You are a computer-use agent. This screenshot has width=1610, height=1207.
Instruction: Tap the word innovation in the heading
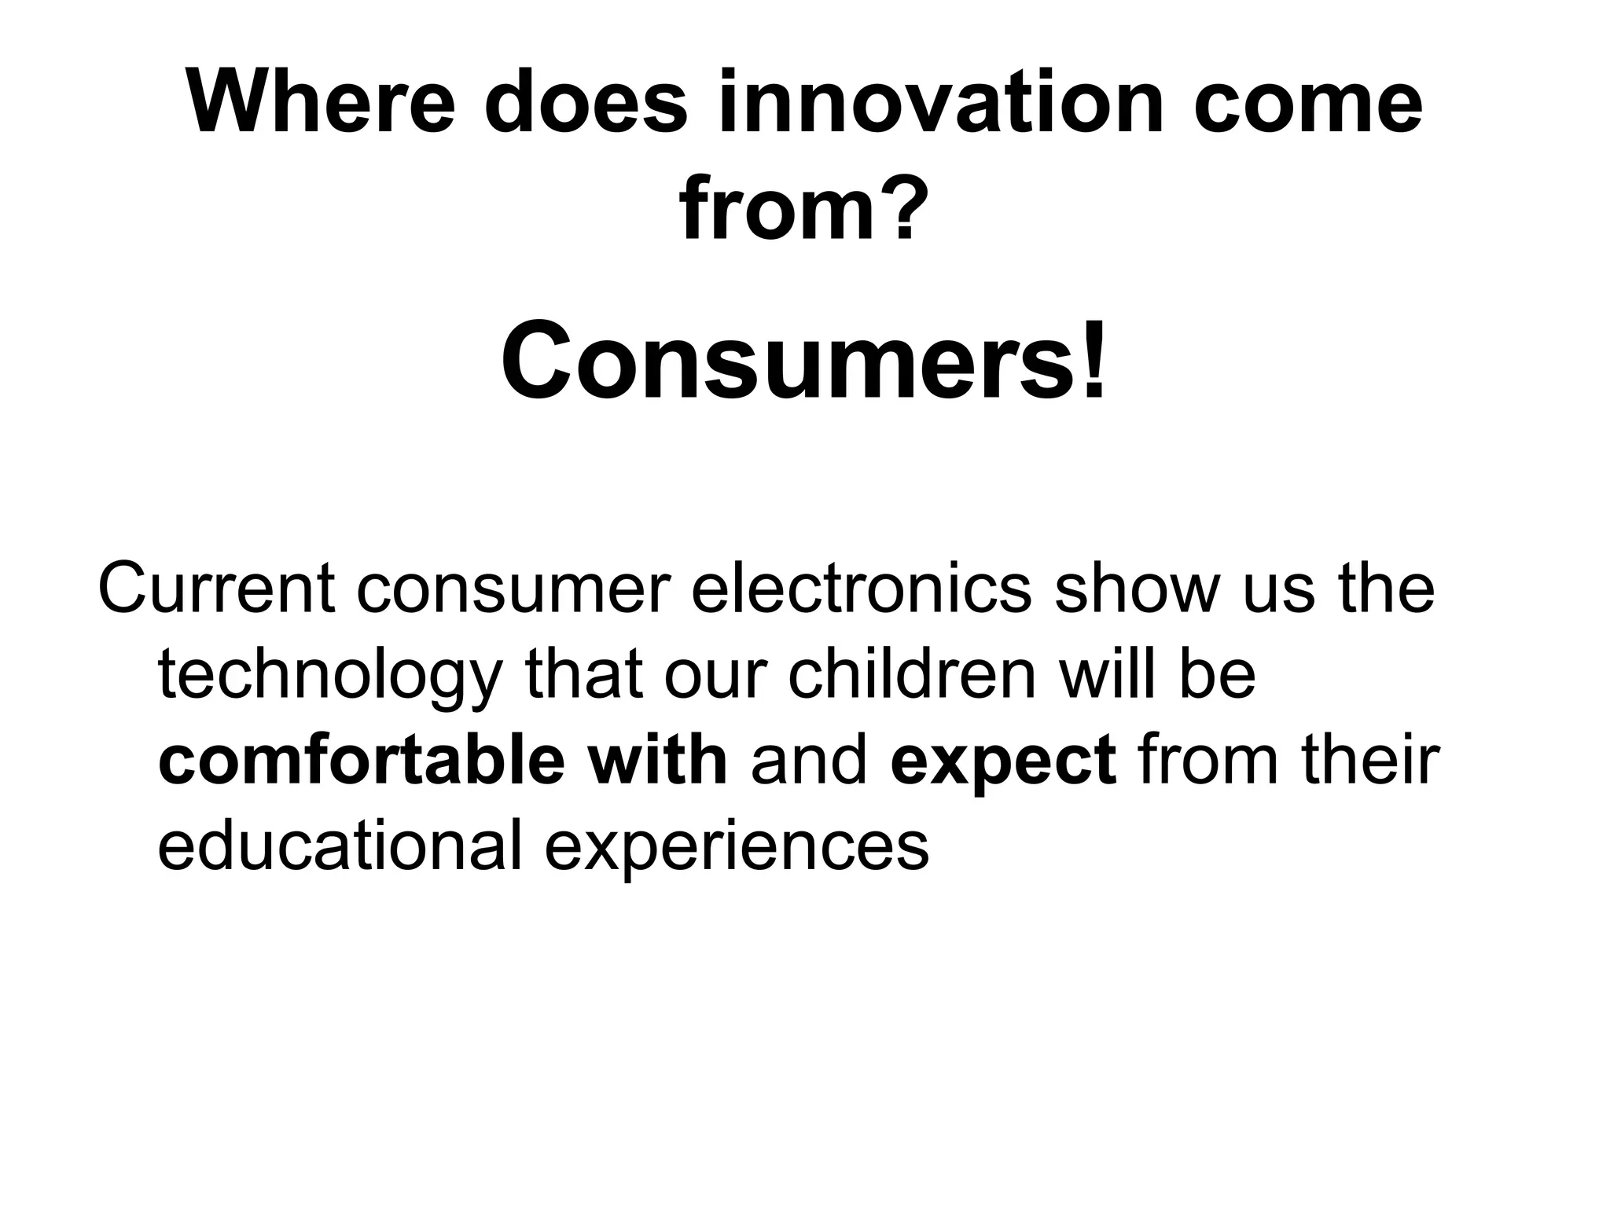click(940, 103)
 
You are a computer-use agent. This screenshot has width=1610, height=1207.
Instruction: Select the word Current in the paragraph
click(215, 589)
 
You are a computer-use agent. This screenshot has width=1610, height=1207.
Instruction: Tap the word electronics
click(861, 589)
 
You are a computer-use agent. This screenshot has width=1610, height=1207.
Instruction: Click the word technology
click(329, 676)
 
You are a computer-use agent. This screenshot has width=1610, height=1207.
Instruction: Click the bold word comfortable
click(361, 761)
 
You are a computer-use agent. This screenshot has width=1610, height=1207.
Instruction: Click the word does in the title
click(586, 103)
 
